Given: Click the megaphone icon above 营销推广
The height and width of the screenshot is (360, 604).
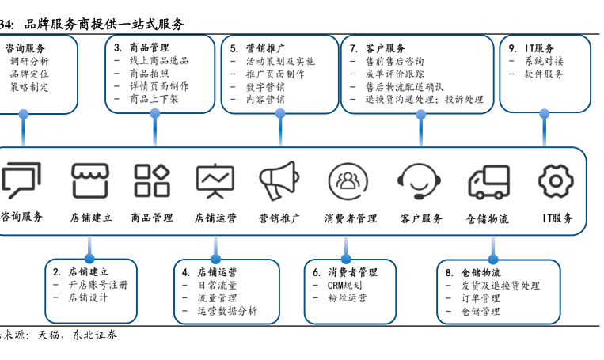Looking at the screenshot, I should (x=278, y=180).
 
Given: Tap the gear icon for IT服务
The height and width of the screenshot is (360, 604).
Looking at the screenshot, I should (x=555, y=180).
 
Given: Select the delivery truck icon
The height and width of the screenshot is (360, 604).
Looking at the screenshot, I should (x=488, y=181).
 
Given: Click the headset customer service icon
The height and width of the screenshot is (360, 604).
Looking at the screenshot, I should (x=420, y=181).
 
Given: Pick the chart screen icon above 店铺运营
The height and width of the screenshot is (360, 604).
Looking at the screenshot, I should (x=215, y=180).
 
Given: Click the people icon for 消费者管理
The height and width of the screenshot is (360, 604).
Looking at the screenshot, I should (x=348, y=180).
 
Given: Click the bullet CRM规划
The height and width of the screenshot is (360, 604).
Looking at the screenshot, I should (x=345, y=286).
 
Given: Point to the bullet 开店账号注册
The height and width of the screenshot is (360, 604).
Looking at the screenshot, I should (x=97, y=286).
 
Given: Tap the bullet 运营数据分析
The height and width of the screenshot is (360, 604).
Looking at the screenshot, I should (x=227, y=311).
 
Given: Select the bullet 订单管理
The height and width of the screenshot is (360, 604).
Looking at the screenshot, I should (x=481, y=298).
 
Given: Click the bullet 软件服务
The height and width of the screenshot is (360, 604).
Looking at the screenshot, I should (x=544, y=74).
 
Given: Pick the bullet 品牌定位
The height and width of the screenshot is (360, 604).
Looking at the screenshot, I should (x=29, y=74).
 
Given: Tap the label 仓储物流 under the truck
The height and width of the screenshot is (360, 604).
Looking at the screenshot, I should (x=487, y=218).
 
